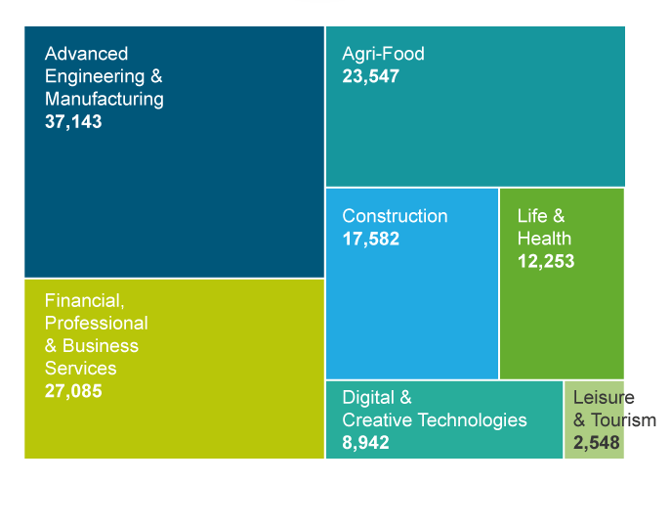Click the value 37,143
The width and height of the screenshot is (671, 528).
[x=73, y=122]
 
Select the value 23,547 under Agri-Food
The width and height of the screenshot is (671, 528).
[x=370, y=75]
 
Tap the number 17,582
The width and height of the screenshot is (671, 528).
[x=370, y=239]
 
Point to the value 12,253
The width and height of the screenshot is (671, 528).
[x=545, y=261]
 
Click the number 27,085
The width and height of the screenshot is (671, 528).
[x=73, y=391]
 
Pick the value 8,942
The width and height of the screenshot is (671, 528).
[x=365, y=443]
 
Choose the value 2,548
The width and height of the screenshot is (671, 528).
[x=596, y=443]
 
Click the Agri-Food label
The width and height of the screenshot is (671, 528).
[x=383, y=54]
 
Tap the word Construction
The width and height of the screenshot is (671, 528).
[x=395, y=216]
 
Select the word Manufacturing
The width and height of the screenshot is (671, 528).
[x=105, y=99]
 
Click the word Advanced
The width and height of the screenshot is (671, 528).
[x=86, y=54]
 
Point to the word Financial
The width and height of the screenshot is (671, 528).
[x=85, y=300]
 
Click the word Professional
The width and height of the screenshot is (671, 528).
[x=97, y=323]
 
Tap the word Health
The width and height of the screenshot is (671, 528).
[x=544, y=239]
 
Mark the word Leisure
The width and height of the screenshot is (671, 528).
[x=604, y=398]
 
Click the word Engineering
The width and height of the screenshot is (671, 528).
[x=95, y=76]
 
